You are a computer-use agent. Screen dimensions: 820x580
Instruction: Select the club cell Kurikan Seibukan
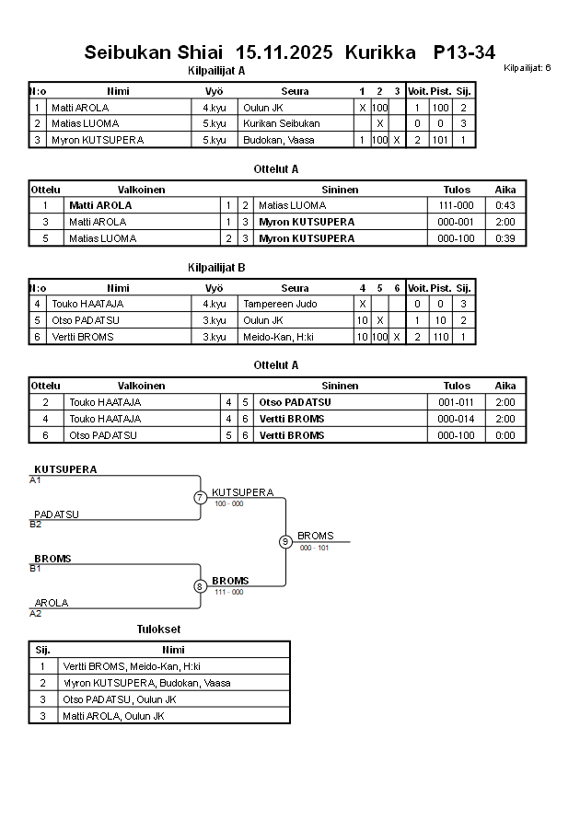[x=281, y=123]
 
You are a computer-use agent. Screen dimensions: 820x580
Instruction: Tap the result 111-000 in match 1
[x=457, y=205]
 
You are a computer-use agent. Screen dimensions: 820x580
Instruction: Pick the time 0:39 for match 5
[x=505, y=238]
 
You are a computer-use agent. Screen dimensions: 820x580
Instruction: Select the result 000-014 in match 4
[x=457, y=419]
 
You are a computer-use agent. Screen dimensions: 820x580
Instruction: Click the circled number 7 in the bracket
[x=200, y=498]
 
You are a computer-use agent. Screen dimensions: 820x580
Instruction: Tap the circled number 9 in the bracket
[x=285, y=541]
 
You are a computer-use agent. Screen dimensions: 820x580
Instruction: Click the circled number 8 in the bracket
[x=200, y=585]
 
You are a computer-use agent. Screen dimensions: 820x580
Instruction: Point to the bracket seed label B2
[x=36, y=525]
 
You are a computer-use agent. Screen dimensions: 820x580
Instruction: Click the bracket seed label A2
[x=36, y=613]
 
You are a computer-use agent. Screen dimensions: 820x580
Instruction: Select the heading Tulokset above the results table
[x=158, y=629]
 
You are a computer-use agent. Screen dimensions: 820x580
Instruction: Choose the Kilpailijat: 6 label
[x=528, y=68]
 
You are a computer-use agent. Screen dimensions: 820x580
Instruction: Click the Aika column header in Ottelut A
[x=505, y=190]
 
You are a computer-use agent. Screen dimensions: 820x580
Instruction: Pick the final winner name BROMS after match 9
[x=316, y=536]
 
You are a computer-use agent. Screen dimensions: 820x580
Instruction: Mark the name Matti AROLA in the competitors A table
[x=80, y=108]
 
